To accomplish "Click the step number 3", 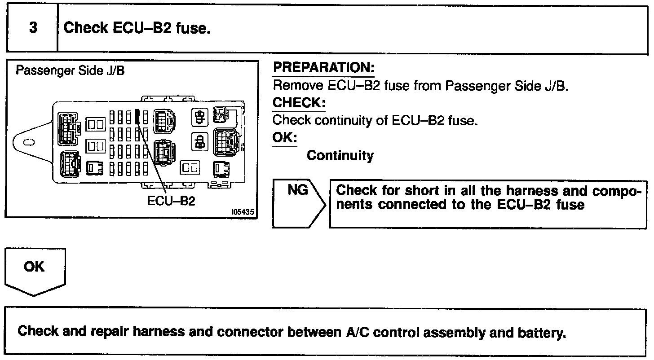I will pos(33,28).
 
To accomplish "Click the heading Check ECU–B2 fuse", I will pos(137,28).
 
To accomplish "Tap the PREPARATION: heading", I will pos(323,68).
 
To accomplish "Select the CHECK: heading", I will pos(299,103).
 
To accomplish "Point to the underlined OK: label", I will pos(285,137).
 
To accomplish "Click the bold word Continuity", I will pos(340,156).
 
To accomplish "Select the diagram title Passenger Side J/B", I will pos(70,71).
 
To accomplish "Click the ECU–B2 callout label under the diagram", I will pos(171,201).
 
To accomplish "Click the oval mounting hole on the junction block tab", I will pos(28,142).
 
